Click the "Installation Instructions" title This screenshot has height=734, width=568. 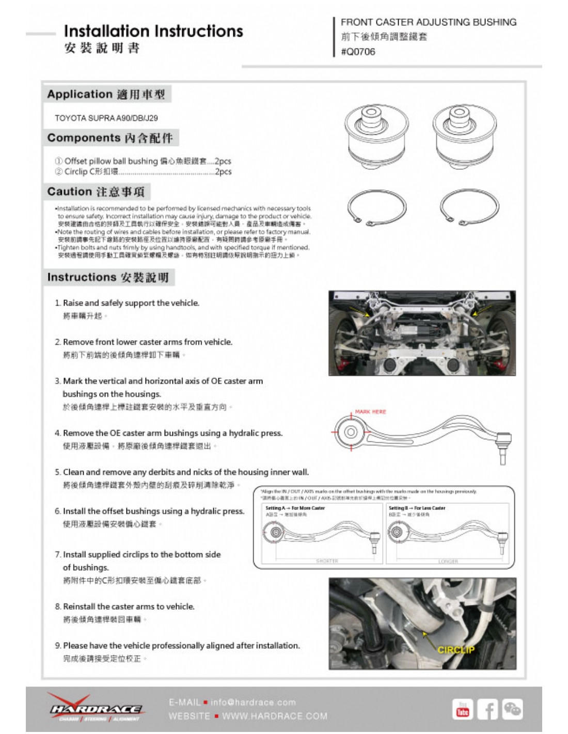153,31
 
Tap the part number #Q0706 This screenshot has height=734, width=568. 358,52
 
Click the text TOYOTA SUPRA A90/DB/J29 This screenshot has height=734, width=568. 106,118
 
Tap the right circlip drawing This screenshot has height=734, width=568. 469,207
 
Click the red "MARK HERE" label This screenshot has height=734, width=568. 370,412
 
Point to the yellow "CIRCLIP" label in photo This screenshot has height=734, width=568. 456,650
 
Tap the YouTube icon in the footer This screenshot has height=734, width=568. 463,710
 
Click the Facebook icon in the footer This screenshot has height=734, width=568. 487,710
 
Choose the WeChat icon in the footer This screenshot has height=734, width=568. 512,710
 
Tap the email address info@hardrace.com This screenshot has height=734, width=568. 253,702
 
